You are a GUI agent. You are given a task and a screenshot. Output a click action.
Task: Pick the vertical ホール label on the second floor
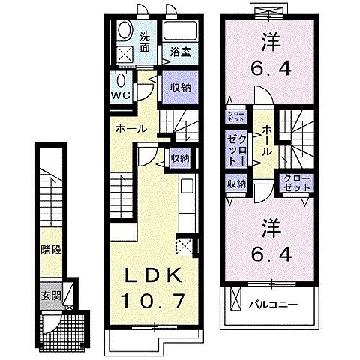267,141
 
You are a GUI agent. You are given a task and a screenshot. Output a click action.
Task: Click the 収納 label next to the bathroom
179,88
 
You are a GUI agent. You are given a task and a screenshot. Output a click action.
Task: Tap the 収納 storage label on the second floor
236,184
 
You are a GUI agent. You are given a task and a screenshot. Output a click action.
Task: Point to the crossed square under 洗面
124,53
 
